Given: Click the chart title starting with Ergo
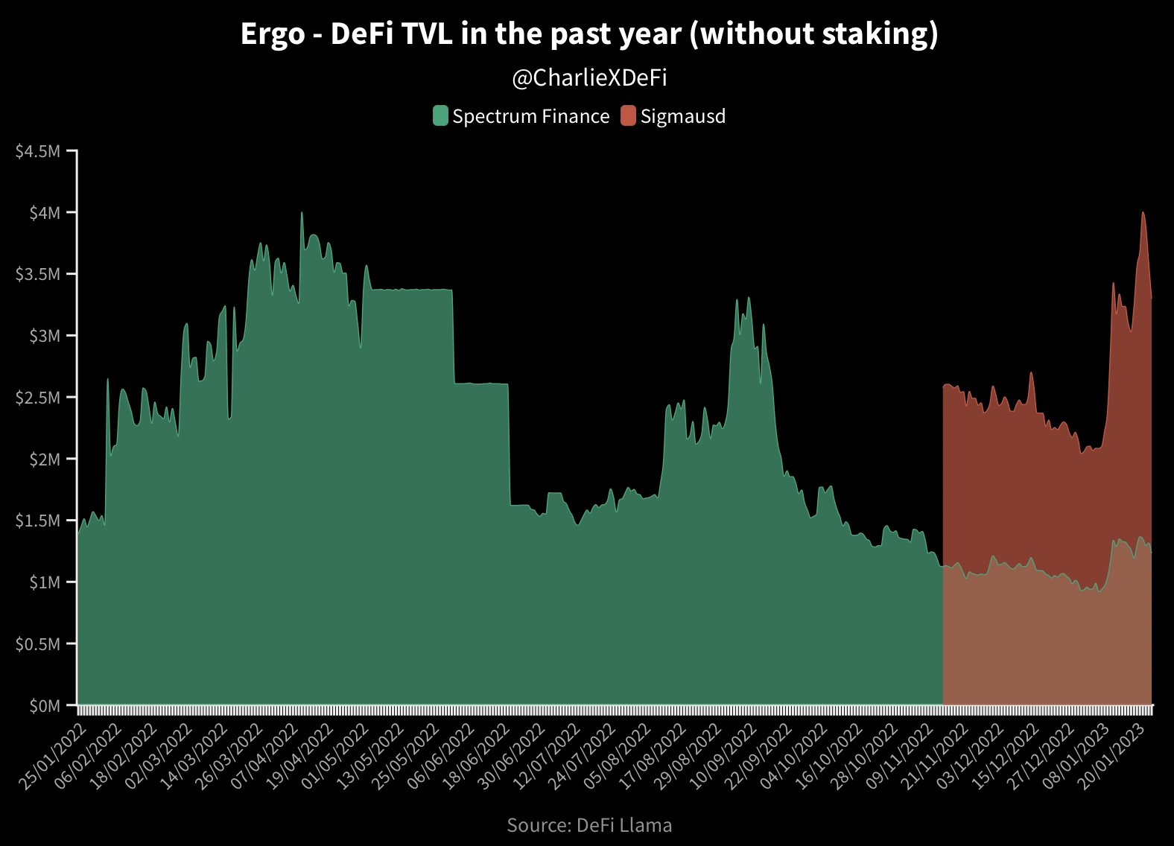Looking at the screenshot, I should point(588,34).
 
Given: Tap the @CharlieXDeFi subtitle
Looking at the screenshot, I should point(588,78).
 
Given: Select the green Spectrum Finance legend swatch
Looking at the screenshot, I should point(440,116).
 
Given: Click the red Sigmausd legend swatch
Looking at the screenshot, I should point(628,116).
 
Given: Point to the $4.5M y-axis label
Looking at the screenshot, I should point(37,151).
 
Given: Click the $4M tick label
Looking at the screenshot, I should point(43,213).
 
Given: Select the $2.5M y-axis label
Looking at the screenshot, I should point(37,398).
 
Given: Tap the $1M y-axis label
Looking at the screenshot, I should point(43,582).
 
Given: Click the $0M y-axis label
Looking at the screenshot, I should point(43,705).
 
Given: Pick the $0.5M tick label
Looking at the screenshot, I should point(37,644).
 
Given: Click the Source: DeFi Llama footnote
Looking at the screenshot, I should point(588,825).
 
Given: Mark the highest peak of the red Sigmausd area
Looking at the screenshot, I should point(1143,213).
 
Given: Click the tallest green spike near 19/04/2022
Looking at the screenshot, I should point(302,214).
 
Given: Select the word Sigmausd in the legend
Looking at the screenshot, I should point(682,116).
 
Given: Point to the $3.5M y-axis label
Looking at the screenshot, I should point(37,274).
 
